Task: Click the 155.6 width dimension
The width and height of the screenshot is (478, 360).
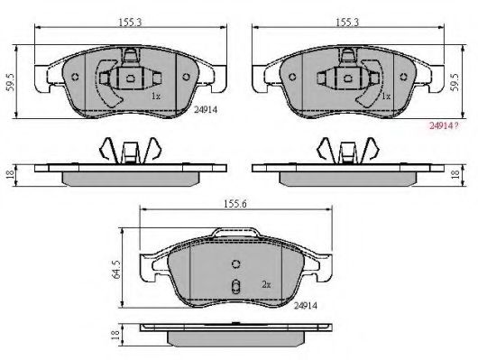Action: point(235,204)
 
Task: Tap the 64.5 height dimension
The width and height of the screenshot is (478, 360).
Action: point(116,270)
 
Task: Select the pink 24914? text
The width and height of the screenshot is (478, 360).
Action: point(444,125)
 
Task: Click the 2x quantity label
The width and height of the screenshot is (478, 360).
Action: point(266,284)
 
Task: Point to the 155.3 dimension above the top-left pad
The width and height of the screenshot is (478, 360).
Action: point(130,23)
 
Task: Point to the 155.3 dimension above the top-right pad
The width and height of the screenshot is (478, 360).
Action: point(347,23)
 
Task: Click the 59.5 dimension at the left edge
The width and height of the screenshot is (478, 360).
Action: point(11,82)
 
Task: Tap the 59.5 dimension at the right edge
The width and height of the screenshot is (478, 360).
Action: point(455,82)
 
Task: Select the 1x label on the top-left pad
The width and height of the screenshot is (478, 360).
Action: point(156,97)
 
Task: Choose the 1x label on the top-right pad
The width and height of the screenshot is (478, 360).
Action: point(386,97)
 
